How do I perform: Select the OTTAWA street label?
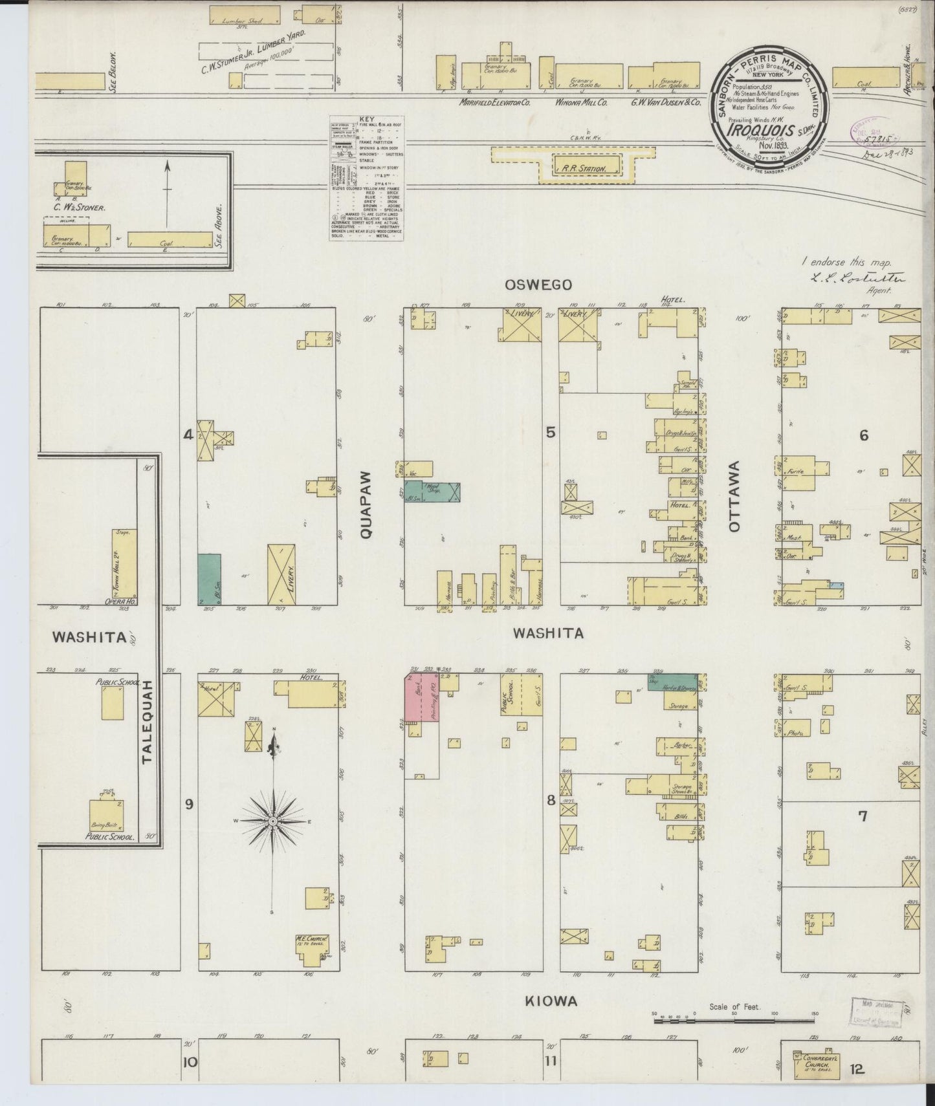[734, 496]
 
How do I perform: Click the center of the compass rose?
[272, 821]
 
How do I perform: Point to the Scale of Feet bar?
[734, 1021]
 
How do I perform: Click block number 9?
[189, 804]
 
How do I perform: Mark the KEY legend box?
[366, 179]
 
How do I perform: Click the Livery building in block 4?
[281, 574]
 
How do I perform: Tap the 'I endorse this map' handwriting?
[846, 263]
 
